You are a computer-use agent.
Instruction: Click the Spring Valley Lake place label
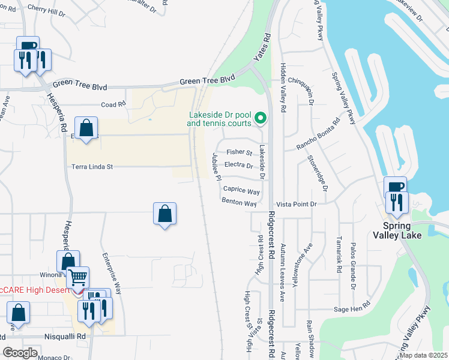(x=406, y=230)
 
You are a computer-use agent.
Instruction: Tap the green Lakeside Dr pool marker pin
(x=260, y=118)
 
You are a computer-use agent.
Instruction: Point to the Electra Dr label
(x=238, y=164)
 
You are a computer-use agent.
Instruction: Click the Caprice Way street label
(x=241, y=191)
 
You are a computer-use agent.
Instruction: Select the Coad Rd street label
(x=113, y=104)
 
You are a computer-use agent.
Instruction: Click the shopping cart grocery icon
(x=77, y=278)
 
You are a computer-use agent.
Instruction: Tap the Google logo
(x=20, y=353)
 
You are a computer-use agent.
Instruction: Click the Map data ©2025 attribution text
(x=423, y=355)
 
